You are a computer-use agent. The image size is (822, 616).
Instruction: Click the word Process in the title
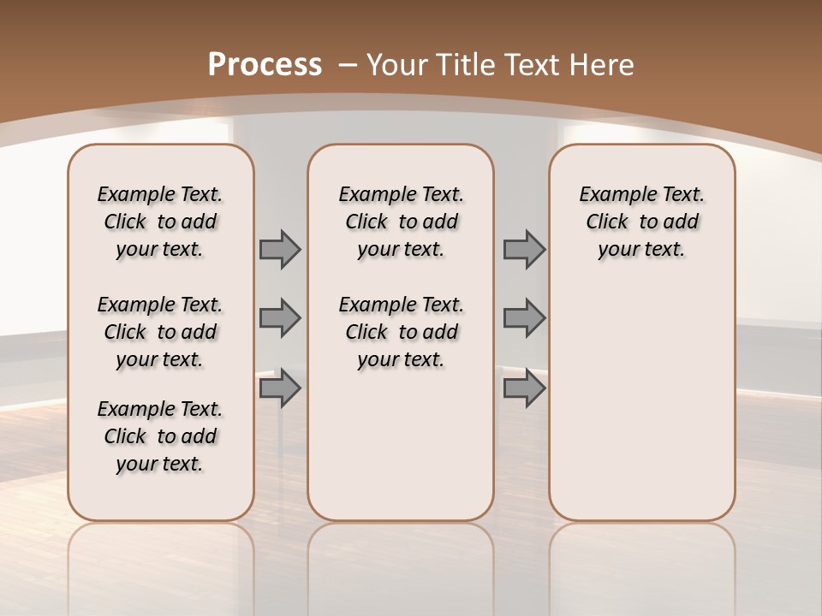tap(265, 64)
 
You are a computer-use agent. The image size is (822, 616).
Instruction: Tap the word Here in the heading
tap(603, 64)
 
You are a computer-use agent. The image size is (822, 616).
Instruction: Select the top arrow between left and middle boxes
tap(280, 249)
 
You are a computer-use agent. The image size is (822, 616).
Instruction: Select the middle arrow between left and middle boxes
tap(280, 318)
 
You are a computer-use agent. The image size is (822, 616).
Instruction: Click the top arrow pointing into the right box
tap(524, 249)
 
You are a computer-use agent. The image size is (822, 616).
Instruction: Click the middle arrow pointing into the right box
tap(524, 318)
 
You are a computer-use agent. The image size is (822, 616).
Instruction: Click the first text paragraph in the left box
tap(160, 222)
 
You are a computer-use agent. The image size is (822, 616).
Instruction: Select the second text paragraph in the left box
tap(160, 332)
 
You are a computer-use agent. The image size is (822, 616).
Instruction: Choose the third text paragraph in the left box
tap(160, 436)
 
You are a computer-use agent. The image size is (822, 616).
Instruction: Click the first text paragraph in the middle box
tap(401, 222)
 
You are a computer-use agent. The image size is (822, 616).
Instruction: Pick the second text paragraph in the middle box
tap(401, 332)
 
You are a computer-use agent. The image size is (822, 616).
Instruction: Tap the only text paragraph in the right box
tap(641, 222)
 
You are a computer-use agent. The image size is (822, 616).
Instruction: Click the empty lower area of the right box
tap(641, 402)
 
